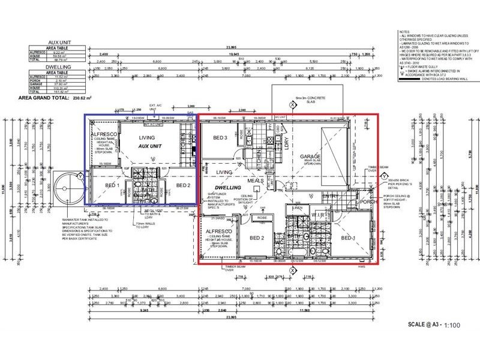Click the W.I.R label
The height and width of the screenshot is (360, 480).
tap(319, 214)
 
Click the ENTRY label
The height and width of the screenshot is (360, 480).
tap(330, 196)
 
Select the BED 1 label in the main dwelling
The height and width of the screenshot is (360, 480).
tap(349, 238)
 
